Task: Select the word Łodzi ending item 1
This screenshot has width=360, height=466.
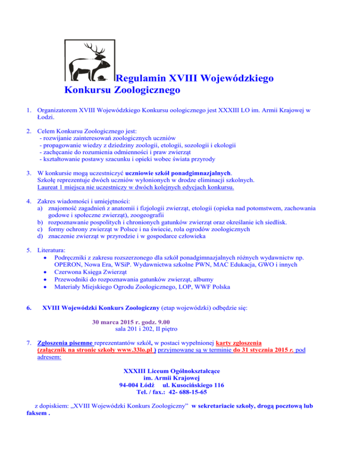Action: coord(46,117)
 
